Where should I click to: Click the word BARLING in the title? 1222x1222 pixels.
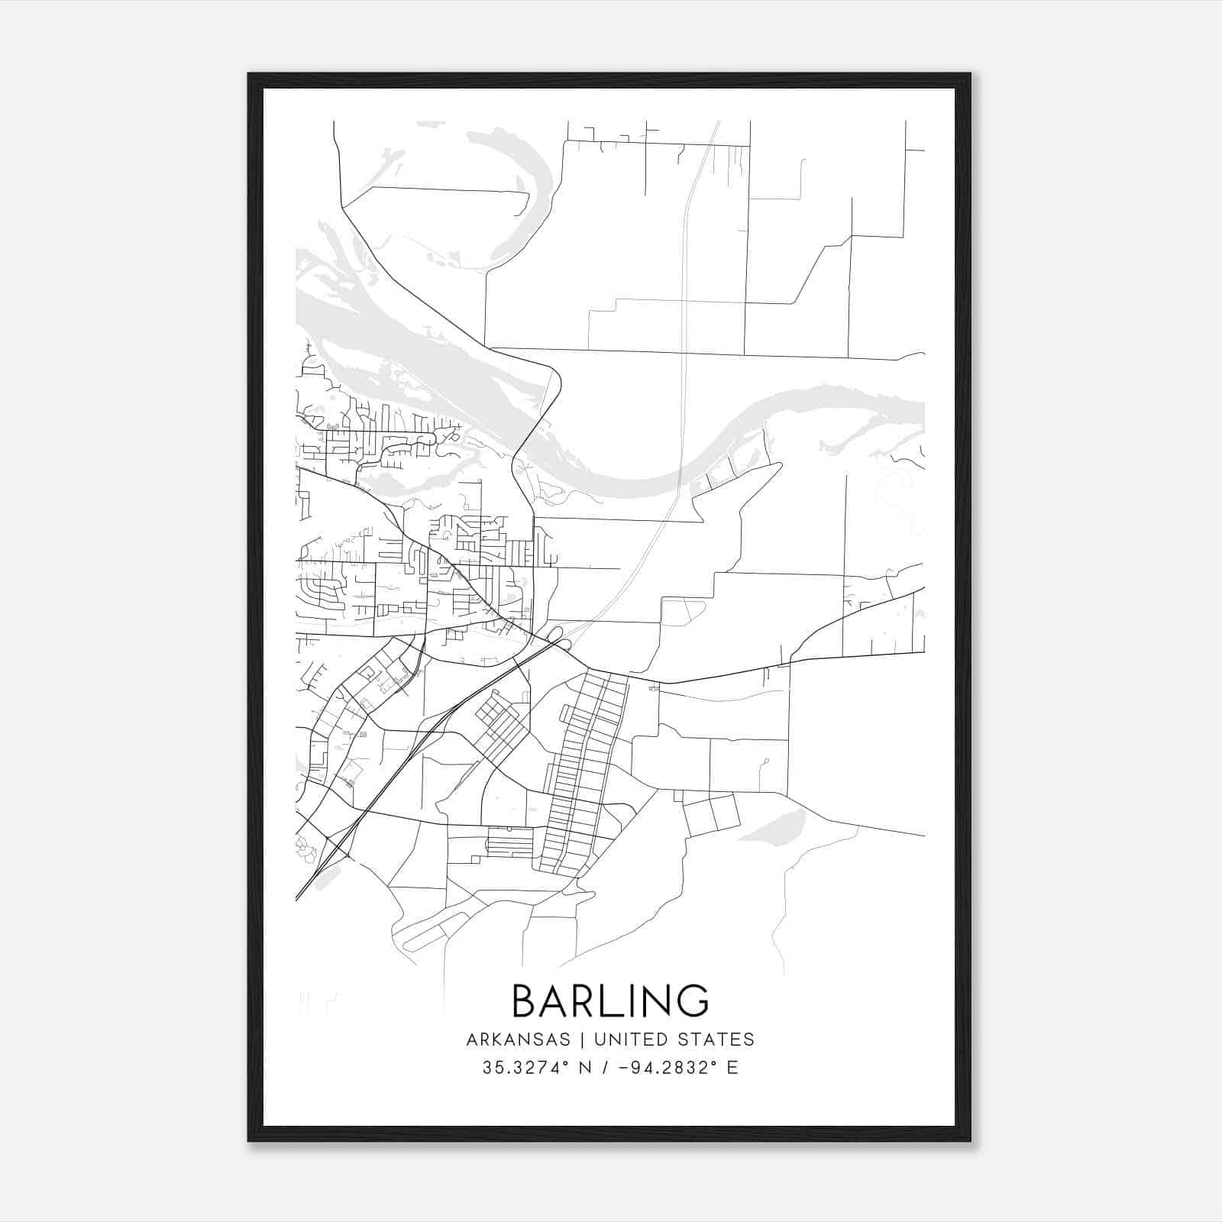coord(610,1001)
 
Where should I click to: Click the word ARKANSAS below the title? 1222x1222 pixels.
coord(519,1039)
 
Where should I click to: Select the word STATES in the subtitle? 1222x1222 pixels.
coord(717,1039)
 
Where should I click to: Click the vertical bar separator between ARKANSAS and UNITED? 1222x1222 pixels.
coord(582,1039)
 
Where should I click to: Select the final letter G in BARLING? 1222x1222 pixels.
coord(692,1001)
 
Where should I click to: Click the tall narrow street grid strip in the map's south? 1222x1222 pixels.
coord(584,771)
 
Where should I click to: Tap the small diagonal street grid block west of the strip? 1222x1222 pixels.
coord(500,722)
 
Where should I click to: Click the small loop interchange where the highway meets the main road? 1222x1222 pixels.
coord(556,634)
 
